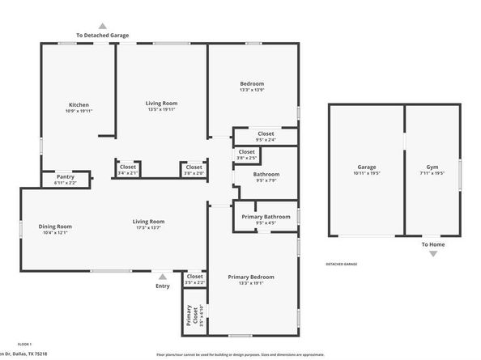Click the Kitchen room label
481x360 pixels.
pyautogui.click(x=79, y=104)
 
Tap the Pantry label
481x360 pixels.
pyautogui.click(x=66, y=176)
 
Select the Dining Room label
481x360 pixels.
pyautogui.click(x=55, y=226)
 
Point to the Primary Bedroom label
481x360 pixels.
pyautogui.click(x=251, y=277)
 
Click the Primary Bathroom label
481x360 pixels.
pyautogui.click(x=266, y=216)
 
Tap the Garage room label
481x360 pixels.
pyautogui.click(x=366, y=167)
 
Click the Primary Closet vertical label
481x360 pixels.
pyautogui.click(x=190, y=315)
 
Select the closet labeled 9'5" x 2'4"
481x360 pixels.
pyautogui.click(x=266, y=133)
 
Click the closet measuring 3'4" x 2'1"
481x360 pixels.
pyautogui.click(x=128, y=167)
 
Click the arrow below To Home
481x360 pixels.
pyautogui.click(x=432, y=254)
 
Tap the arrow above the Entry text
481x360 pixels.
pyautogui.click(x=163, y=276)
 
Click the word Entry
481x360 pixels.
pyautogui.click(x=163, y=286)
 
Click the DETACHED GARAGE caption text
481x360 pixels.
pyautogui.click(x=341, y=264)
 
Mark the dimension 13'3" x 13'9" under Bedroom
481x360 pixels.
pyautogui.click(x=252, y=91)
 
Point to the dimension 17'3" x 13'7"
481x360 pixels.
pyautogui.click(x=149, y=228)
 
